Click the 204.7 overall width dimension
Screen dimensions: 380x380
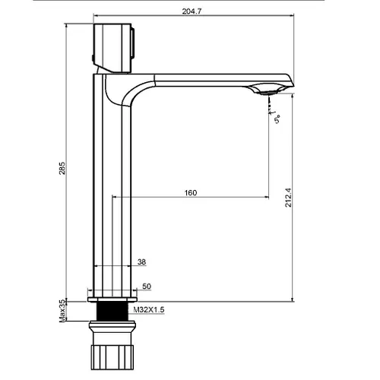coord(192,11)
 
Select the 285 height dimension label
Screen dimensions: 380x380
coord(62,168)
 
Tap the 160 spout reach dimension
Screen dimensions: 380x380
coord(191,193)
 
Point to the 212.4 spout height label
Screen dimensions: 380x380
coord(288,198)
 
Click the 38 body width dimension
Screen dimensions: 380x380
coord(141,261)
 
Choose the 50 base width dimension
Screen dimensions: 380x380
coord(147,287)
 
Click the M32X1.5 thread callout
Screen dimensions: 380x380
coord(149,309)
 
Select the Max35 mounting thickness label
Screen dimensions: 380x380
coord(62,311)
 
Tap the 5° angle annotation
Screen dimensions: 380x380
coord(277,119)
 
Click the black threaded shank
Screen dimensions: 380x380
coord(112,312)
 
